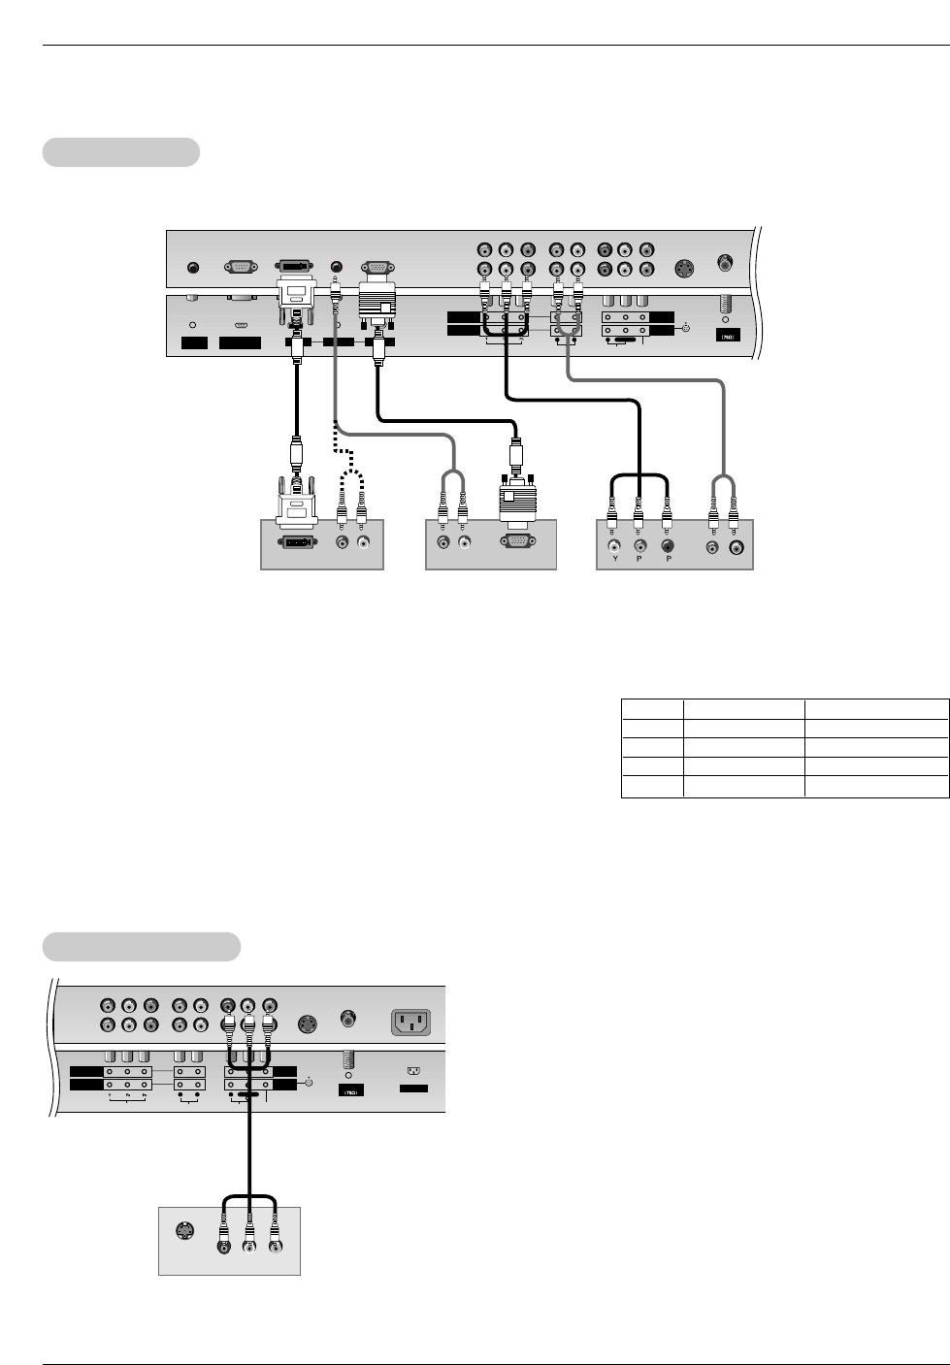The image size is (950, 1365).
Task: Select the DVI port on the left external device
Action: point(296,544)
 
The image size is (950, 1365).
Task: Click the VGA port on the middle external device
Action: point(518,543)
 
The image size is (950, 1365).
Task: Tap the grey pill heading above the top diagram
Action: point(121,152)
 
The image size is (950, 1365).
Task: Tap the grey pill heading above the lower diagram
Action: point(142,946)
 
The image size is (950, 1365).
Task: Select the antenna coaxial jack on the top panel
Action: point(723,261)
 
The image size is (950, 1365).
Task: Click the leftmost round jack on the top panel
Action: point(192,266)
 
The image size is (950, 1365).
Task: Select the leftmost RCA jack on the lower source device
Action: point(224,1244)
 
